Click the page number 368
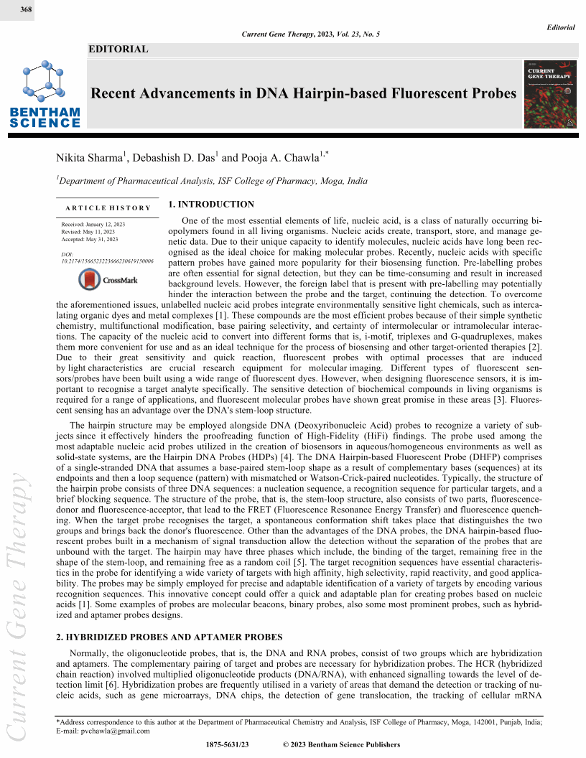(x=17, y=8)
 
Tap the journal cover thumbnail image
(x=551, y=94)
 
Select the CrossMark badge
(x=108, y=279)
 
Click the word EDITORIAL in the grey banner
(x=118, y=50)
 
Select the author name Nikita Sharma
(x=89, y=158)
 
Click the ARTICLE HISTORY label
(x=108, y=208)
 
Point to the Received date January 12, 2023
(x=93, y=225)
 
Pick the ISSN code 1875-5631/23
(x=226, y=746)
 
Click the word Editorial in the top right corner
(x=560, y=27)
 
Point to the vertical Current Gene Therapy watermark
(x=17, y=603)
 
